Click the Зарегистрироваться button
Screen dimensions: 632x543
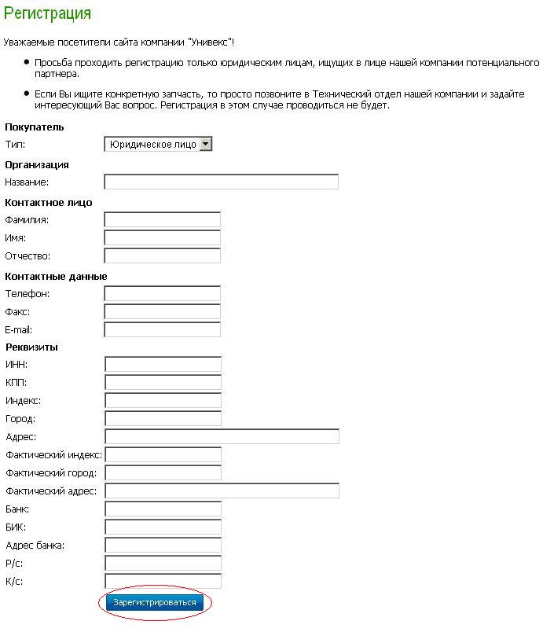155,603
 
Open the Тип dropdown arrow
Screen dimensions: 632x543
206,144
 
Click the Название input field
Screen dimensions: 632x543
221,182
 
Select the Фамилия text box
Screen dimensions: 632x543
163,219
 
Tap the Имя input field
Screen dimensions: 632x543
163,237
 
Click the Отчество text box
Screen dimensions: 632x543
163,255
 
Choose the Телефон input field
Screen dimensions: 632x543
163,293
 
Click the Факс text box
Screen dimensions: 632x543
163,311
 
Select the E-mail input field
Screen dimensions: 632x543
163,329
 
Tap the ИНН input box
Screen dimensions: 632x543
163,364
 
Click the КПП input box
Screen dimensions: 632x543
163,382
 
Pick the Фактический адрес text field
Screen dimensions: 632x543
222,491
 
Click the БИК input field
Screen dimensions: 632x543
163,527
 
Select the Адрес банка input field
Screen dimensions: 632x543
163,546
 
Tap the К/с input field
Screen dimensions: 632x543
163,582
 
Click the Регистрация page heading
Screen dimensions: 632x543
47,13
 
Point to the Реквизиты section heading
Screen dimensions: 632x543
31,347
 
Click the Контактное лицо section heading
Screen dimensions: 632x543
49,202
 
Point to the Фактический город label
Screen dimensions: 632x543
51,473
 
